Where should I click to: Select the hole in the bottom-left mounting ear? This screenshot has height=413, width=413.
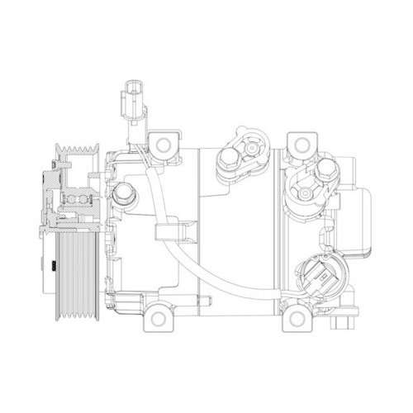(160, 316)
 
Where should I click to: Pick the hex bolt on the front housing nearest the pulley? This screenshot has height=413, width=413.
(124, 192)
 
